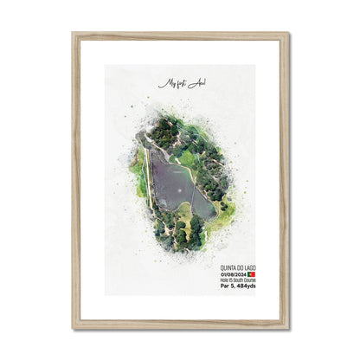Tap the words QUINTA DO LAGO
(233, 268)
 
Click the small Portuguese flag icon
(252, 275)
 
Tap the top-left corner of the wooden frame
(75, 35)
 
